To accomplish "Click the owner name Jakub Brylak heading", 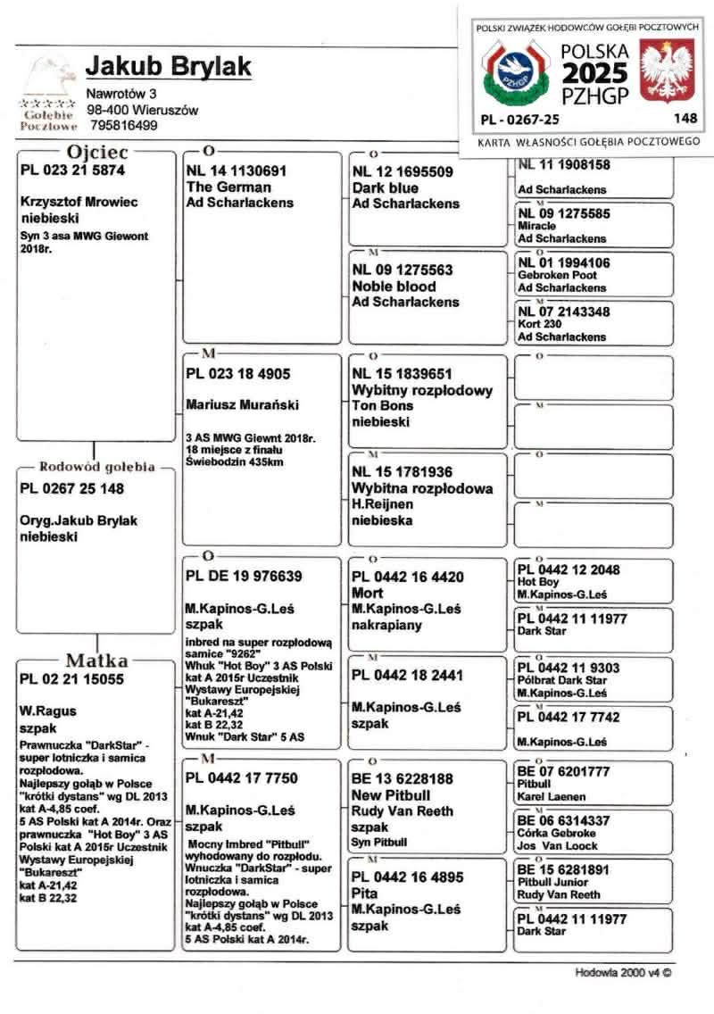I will [x=169, y=67].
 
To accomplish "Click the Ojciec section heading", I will [x=97, y=153].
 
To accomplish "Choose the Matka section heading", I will [x=96, y=661].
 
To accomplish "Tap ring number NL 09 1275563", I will [x=403, y=270].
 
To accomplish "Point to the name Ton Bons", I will [x=383, y=405].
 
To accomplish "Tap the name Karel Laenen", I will [x=551, y=796].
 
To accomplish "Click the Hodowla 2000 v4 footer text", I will [x=622, y=972].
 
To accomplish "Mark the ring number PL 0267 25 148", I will [x=71, y=489].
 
